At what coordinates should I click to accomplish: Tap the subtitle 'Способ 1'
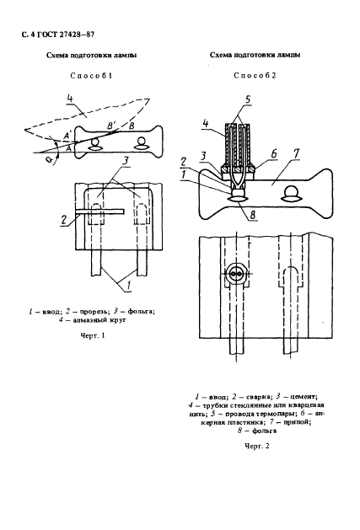tap(91, 76)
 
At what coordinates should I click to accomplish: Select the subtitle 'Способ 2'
tap(255, 76)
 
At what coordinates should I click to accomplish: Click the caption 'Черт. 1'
tap(93, 335)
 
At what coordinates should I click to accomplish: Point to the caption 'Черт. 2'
tap(257, 447)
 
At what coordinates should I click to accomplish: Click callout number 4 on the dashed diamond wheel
tap(70, 99)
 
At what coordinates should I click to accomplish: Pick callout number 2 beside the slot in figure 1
tap(63, 221)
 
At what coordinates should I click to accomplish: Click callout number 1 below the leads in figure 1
tap(129, 286)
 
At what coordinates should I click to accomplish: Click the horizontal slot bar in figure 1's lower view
tap(99, 211)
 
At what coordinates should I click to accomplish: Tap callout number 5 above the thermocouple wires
tap(248, 99)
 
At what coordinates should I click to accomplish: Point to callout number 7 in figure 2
tap(297, 154)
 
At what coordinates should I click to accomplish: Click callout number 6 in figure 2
tap(274, 153)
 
